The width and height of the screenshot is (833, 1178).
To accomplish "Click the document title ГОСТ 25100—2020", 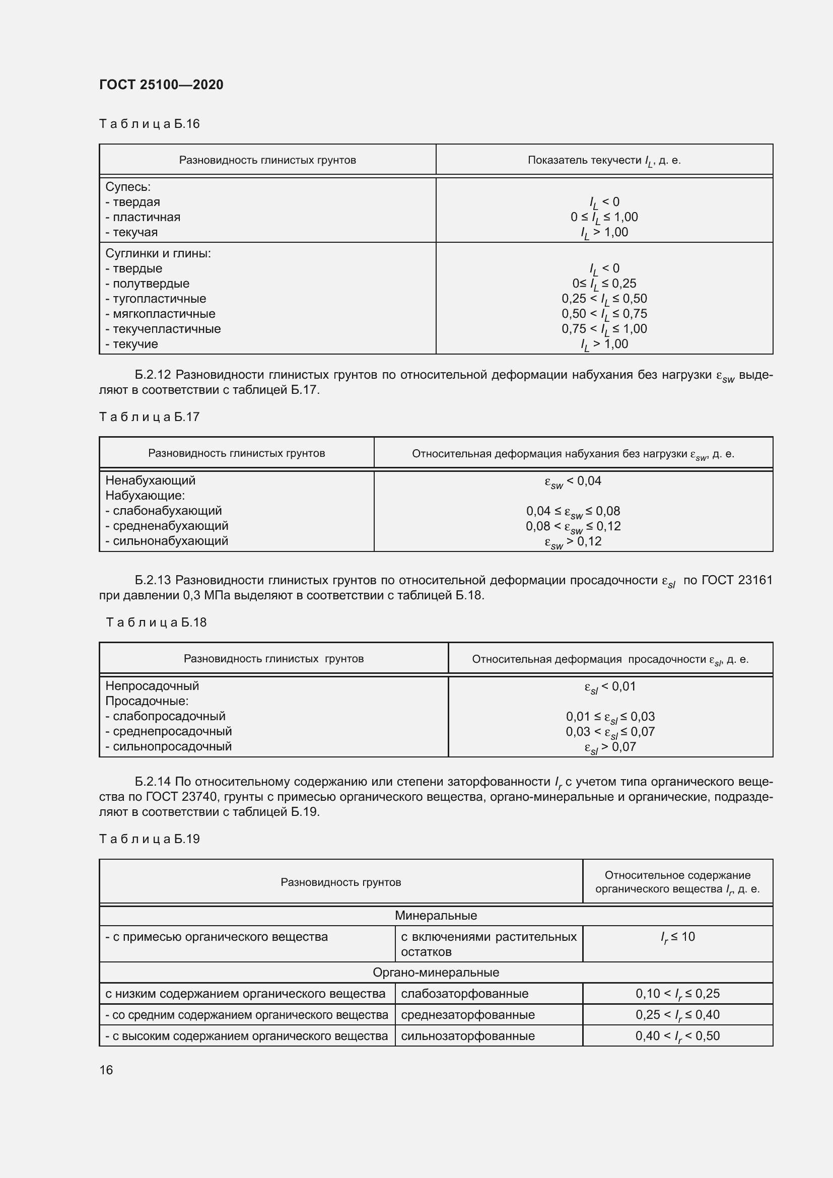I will pos(161,85).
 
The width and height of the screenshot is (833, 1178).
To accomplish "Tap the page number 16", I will pos(106,1070).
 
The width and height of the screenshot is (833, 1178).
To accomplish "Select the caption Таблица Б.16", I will pos(149,124).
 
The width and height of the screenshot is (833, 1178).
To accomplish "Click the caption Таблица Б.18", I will pos(156,622).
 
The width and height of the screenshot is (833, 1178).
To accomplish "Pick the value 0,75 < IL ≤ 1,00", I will pos(604,329).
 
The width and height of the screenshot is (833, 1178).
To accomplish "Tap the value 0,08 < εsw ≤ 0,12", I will pos(573,526).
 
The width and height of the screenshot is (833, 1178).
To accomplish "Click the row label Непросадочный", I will pos(152,686).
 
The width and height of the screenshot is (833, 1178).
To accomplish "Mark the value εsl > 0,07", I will pos(610,747).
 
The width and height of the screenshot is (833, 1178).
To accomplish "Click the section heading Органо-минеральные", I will pos(436,972).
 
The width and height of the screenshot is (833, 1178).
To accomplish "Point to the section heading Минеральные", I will pos(436,915).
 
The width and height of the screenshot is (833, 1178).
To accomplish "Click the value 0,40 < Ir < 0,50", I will pos(677,1035).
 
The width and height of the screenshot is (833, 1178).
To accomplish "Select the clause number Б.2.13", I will pos(153,580).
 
